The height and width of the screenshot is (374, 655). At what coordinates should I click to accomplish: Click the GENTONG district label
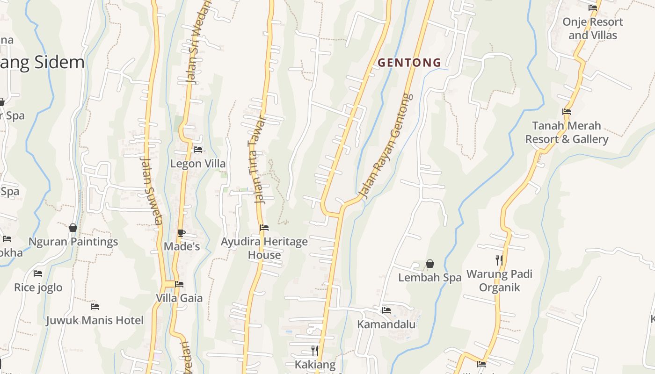click(409, 62)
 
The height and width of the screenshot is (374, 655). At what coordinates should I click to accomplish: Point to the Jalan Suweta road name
click(151, 189)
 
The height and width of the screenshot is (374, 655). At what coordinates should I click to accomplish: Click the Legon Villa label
click(198, 164)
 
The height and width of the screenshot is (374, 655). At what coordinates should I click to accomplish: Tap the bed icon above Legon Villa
click(198, 150)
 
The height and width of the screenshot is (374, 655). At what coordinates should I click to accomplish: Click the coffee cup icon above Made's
click(182, 233)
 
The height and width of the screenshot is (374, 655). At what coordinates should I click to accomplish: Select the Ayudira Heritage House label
click(264, 248)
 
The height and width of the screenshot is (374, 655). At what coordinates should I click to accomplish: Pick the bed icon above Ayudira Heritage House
click(264, 228)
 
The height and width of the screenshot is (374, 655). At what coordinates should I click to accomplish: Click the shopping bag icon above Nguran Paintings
click(73, 228)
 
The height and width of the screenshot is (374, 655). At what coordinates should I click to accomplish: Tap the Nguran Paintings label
click(73, 242)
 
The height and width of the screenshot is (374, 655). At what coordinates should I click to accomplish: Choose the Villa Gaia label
click(179, 298)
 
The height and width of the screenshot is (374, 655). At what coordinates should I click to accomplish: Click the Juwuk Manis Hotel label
click(95, 320)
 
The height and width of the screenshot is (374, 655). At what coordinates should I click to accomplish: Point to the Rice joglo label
click(38, 287)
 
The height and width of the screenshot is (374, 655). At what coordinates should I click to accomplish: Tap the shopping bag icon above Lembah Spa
click(429, 264)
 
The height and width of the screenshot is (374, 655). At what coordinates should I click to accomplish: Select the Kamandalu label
click(386, 324)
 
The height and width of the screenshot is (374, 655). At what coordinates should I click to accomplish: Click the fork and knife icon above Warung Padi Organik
click(499, 260)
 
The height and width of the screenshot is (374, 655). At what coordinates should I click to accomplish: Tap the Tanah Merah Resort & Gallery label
click(567, 132)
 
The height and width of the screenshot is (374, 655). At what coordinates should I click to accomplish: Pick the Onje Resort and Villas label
click(593, 29)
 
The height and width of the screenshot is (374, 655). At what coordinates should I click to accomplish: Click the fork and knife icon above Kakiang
click(315, 350)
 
